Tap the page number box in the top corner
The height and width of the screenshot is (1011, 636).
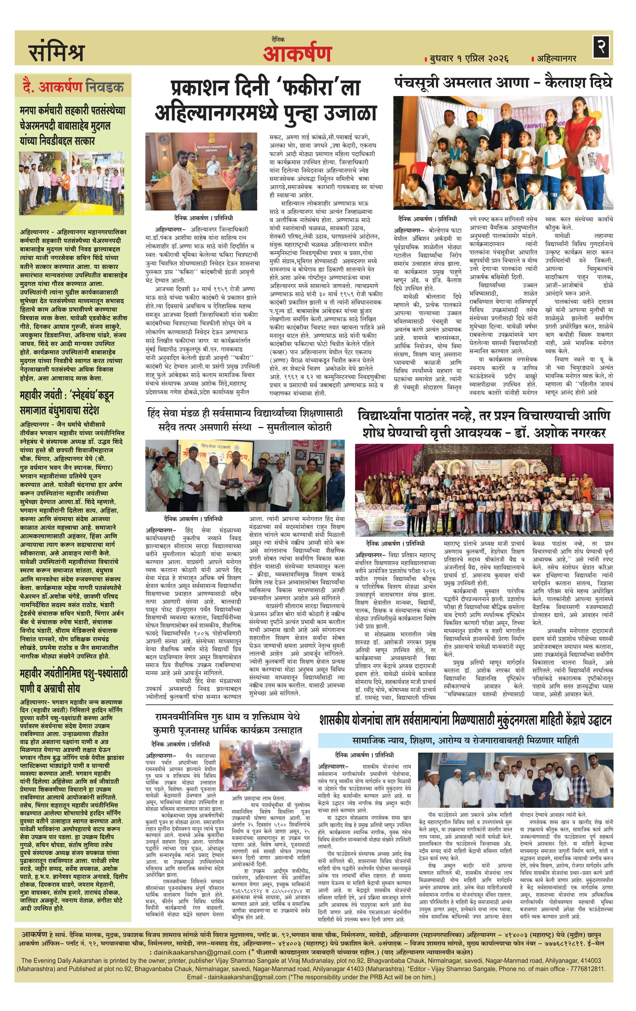(601, 47)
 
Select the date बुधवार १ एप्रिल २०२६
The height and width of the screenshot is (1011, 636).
(469, 58)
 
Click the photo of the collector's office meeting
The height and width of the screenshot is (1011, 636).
(201, 171)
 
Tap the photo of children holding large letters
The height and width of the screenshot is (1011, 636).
(503, 153)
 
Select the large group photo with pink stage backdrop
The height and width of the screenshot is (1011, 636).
(484, 489)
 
